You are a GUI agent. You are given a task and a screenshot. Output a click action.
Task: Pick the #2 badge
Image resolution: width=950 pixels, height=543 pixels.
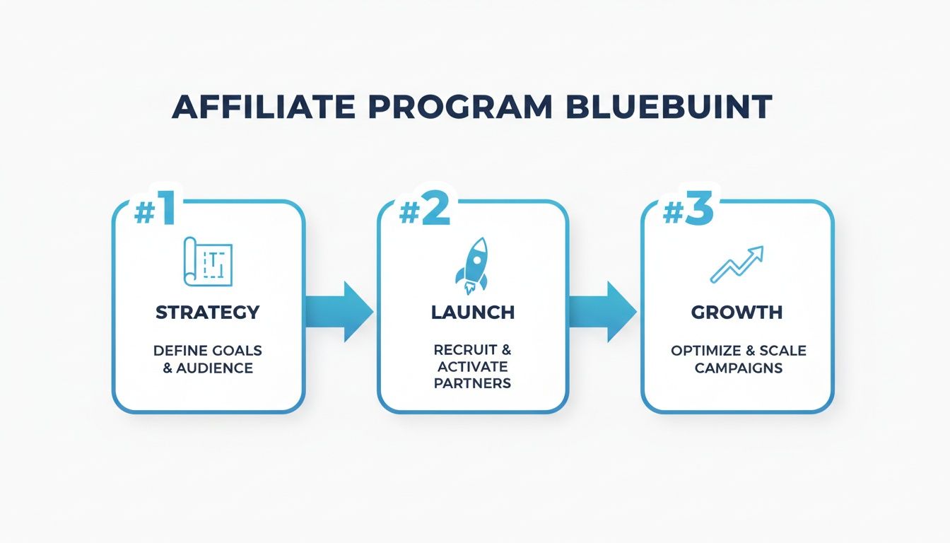pyautogui.click(x=423, y=211)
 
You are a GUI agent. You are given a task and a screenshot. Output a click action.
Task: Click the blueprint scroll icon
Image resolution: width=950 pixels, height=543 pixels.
pyautogui.click(x=208, y=262)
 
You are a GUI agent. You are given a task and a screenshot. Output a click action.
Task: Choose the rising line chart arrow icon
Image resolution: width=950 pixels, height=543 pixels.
pyautogui.click(x=737, y=264)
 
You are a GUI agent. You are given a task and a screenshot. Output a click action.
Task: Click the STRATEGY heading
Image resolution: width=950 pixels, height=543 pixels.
pyautogui.click(x=208, y=312)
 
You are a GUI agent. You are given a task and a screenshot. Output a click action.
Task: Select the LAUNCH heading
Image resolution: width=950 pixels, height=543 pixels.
pyautogui.click(x=472, y=312)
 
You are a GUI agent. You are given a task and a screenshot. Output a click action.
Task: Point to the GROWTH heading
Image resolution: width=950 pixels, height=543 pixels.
pyautogui.click(x=737, y=312)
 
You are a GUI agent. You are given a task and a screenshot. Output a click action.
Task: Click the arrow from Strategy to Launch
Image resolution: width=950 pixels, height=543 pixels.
pyautogui.click(x=340, y=311)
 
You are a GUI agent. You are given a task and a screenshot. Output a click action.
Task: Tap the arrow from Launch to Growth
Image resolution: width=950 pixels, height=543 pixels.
pyautogui.click(x=603, y=311)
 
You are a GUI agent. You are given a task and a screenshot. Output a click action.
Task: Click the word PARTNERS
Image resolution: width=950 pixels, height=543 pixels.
pyautogui.click(x=472, y=384)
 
